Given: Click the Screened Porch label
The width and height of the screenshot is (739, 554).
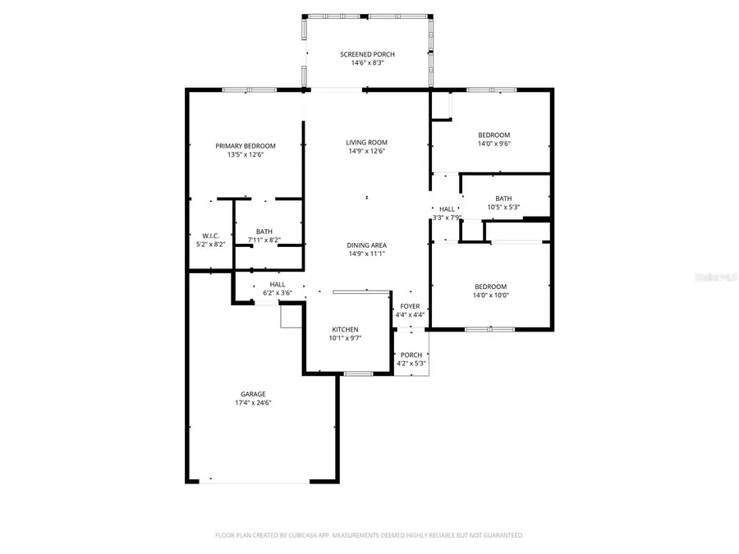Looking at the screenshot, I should [367, 54].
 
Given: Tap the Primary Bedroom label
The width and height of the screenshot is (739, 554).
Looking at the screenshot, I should [246, 145].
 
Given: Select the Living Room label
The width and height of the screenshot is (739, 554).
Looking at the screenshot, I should [366, 142].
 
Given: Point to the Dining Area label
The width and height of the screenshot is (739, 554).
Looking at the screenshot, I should [366, 245].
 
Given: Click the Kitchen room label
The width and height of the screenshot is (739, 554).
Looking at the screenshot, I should [345, 329].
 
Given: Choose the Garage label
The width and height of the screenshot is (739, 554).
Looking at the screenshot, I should [252, 394].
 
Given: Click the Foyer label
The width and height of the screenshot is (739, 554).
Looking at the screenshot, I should [410, 306].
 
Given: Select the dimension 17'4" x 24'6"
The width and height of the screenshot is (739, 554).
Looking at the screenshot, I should [252, 403].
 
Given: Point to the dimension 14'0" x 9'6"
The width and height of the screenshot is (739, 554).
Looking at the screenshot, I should [494, 144].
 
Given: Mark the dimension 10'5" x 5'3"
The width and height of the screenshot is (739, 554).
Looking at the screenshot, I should [503, 207].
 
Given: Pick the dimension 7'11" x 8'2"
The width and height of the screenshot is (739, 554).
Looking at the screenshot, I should [264, 240].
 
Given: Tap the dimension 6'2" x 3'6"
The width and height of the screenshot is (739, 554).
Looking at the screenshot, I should [278, 292].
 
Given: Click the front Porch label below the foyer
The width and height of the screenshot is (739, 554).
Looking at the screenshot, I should [411, 355].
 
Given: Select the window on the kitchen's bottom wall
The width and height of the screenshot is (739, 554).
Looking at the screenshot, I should [358, 374].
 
